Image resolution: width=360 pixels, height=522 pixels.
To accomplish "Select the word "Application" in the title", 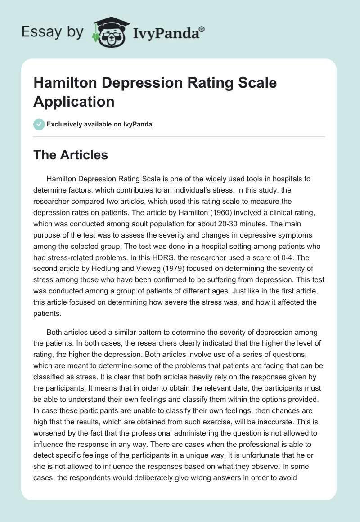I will point(74,101).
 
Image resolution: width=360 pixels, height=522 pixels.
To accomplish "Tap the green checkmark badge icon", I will point(39,124).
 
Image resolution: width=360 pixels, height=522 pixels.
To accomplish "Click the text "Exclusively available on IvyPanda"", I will point(99,124).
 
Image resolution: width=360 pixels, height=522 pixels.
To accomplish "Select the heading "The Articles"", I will point(71,155).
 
